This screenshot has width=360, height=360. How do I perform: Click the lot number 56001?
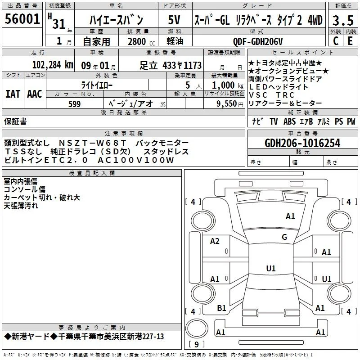(x=22, y=19)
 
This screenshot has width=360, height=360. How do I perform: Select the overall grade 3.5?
(x=343, y=20)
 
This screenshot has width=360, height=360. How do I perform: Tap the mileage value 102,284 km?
(x=53, y=65)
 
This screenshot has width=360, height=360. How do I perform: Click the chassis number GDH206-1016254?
(x=302, y=143)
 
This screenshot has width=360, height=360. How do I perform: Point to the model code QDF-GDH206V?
(x=257, y=41)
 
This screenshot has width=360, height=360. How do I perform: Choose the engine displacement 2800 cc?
(x=141, y=41)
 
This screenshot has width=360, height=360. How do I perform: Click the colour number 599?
(x=75, y=104)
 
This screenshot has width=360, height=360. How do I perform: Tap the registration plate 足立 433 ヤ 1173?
(x=171, y=65)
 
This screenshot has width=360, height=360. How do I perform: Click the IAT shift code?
(x=13, y=94)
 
